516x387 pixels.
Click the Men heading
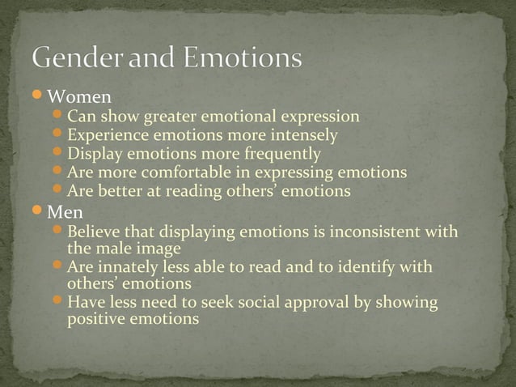pyautogui.click(x=66, y=214)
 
